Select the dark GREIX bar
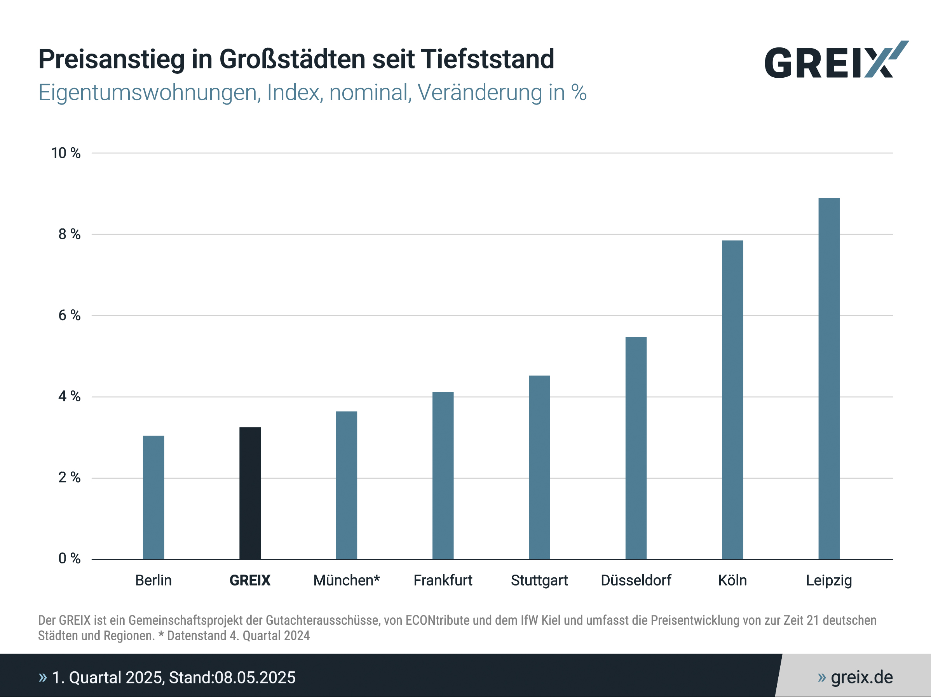point(250,493)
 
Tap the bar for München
point(346,485)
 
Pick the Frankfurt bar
point(443,476)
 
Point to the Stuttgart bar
point(539,467)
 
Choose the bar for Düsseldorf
point(636,448)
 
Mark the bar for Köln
point(732,400)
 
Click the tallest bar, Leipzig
point(829,379)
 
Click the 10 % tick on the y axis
point(66,153)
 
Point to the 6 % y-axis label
point(69,315)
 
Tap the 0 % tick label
point(69,559)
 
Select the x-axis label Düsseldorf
point(636,580)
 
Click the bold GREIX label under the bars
point(250,580)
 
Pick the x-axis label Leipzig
point(829,580)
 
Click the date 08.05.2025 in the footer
point(255,678)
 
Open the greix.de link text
point(861,677)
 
